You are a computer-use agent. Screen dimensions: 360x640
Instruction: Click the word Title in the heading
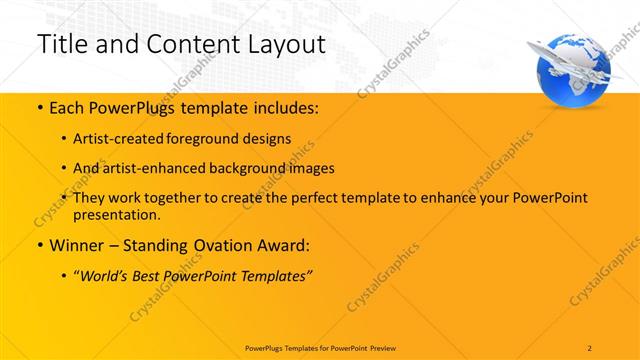coord(59,44)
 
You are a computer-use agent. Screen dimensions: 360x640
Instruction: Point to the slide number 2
coord(590,347)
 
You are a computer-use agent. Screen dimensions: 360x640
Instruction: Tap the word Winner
coord(75,245)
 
